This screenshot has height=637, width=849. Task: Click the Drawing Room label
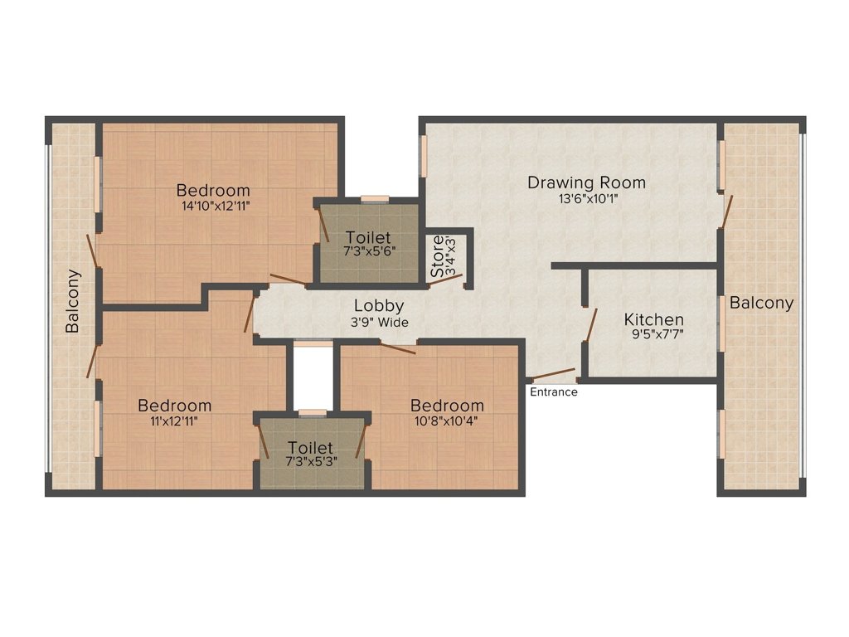[586, 182]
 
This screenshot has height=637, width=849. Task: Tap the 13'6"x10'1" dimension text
[588, 199]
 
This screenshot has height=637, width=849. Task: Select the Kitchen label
[653, 319]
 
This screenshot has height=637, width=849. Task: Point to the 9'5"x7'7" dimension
[657, 334]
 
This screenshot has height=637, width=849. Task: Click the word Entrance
[553, 392]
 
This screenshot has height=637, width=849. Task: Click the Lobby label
[379, 306]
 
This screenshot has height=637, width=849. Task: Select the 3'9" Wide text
[380, 323]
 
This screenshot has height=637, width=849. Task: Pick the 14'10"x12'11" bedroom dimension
[216, 206]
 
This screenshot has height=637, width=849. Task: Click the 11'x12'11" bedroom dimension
[174, 421]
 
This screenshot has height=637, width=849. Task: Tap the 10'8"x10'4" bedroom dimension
[447, 421]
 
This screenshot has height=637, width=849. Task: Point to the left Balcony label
[72, 300]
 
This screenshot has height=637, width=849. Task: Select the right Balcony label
[761, 303]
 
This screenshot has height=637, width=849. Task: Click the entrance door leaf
[553, 373]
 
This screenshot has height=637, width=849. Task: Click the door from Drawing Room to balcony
[726, 212]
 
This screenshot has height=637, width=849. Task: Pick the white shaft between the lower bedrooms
[313, 377]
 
